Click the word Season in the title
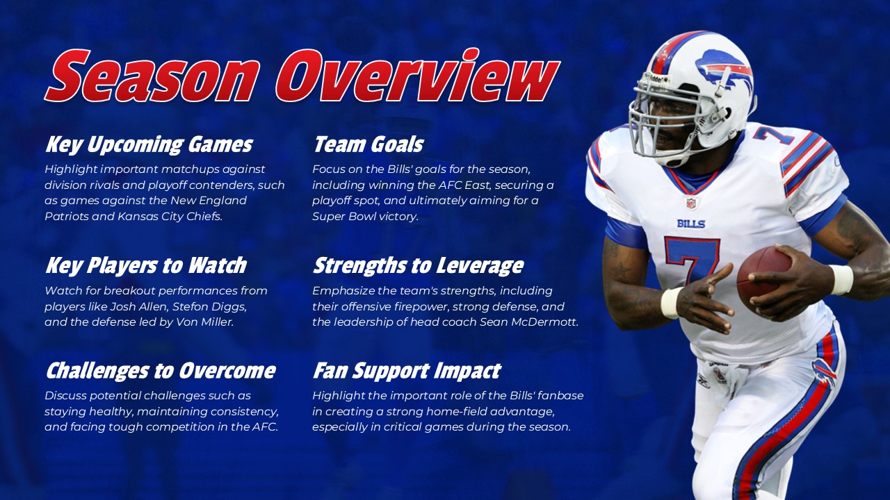pyautogui.click(x=152, y=76)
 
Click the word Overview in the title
pyautogui.click(x=416, y=76)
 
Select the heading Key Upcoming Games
pyautogui.click(x=148, y=145)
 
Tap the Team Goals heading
pyautogui.click(x=368, y=145)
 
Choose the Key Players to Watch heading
pyautogui.click(x=145, y=266)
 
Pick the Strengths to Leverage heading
pyautogui.click(x=418, y=266)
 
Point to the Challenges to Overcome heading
pyautogui.click(x=160, y=371)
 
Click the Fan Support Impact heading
pyautogui.click(x=406, y=371)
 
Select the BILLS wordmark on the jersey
pyautogui.click(x=690, y=224)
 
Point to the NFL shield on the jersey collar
pyautogui.click(x=690, y=203)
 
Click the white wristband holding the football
pyautogui.click(x=841, y=279)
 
